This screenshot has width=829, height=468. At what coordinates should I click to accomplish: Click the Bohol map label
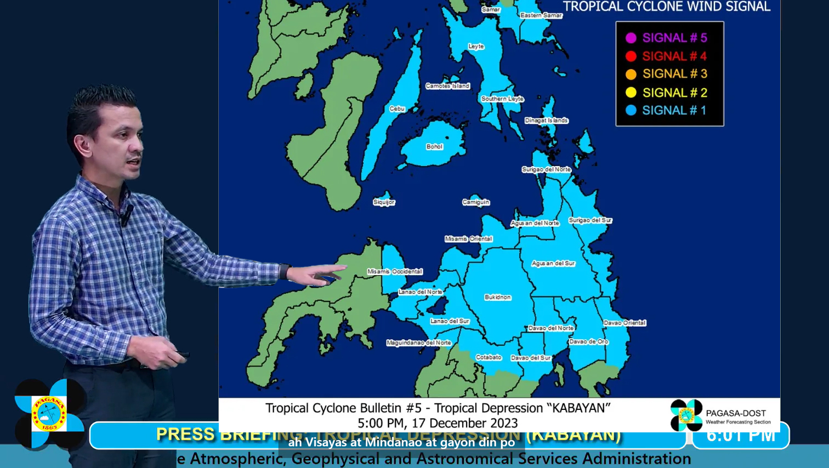(x=434, y=147)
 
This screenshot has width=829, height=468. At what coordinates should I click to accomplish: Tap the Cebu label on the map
(x=397, y=109)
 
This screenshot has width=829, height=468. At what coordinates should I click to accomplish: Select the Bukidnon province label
(x=497, y=297)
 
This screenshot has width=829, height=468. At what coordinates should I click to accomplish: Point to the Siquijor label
(x=384, y=202)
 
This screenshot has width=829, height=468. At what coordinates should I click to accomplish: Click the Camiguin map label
(x=475, y=202)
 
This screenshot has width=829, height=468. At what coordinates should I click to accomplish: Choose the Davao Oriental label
(x=624, y=323)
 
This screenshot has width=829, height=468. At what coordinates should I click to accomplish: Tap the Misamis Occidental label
(x=395, y=271)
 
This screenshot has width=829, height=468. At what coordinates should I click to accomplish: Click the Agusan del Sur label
(x=553, y=264)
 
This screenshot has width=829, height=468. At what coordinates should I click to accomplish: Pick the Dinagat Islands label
(x=546, y=121)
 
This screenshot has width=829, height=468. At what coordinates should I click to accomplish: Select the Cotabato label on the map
(x=489, y=357)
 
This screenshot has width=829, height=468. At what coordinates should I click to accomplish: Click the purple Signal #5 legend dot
(x=631, y=38)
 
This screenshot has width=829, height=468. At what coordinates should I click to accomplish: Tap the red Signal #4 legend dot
(x=631, y=56)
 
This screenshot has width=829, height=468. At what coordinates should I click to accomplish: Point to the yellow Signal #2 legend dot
(x=631, y=93)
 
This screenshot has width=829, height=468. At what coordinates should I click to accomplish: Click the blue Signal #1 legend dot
(x=631, y=110)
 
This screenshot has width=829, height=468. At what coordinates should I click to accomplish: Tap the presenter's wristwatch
(x=283, y=271)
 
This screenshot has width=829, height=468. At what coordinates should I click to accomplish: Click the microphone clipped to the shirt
(x=126, y=215)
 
